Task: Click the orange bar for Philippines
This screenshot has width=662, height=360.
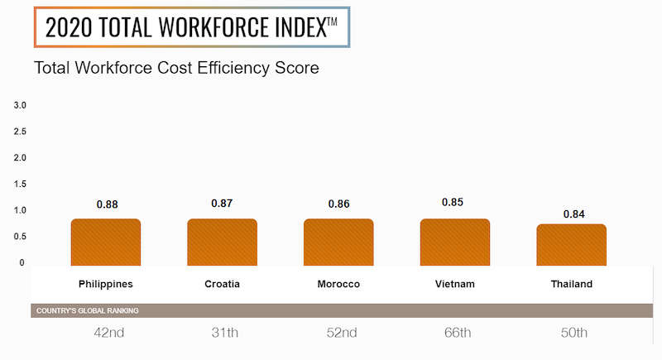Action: pyautogui.click(x=106, y=242)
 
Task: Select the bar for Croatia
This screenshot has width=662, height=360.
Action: pyautogui.click(x=222, y=242)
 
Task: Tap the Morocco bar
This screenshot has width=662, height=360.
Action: pyautogui.click(x=338, y=242)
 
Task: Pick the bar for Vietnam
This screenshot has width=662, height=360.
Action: pyautogui.click(x=455, y=242)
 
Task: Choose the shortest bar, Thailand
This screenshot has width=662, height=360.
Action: pyautogui.click(x=571, y=245)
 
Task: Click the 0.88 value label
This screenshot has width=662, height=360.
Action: pyautogui.click(x=108, y=204)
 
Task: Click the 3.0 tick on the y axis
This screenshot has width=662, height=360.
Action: pyautogui.click(x=20, y=105)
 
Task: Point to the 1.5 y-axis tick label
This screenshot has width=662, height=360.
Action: pyautogui.click(x=20, y=184)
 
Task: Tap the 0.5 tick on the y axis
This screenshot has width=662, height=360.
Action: pyautogui.click(x=20, y=237)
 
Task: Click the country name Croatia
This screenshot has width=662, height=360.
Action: pyautogui.click(x=222, y=285)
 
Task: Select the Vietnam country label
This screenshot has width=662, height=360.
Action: pyautogui.click(x=455, y=285)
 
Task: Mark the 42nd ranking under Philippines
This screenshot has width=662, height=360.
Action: pyautogui.click(x=108, y=334)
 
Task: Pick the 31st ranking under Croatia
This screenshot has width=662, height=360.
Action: pyautogui.click(x=222, y=334)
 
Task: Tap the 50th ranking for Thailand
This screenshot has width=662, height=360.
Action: pyautogui.click(x=571, y=334)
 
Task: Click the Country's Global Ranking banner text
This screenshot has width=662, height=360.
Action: pyautogui.click(x=87, y=311)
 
